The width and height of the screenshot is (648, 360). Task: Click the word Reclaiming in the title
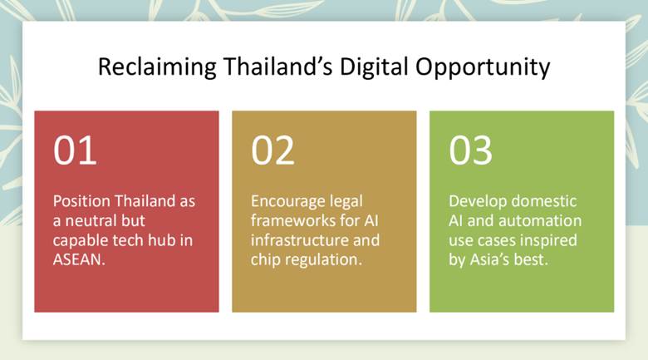point(157,67)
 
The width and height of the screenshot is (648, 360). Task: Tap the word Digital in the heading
point(374,67)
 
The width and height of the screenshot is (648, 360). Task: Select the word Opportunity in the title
point(483,67)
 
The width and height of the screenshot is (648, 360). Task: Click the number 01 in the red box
point(75,150)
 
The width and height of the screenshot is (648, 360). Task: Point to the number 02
point(272,150)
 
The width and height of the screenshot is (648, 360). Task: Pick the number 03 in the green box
point(471,150)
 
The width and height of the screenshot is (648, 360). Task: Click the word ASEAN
point(79,259)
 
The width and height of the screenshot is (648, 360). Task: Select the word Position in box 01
point(81,201)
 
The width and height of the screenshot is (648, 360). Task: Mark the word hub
point(163,240)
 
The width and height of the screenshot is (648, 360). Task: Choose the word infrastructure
point(294,240)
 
